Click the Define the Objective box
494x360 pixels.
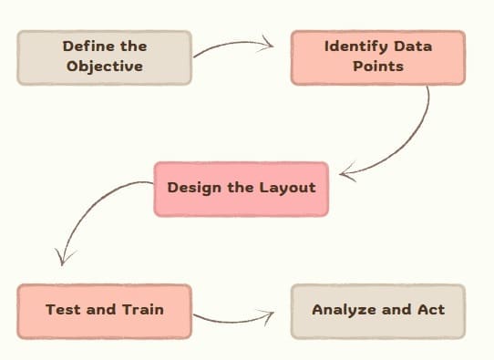click(104, 57)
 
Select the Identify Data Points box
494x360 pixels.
click(377, 57)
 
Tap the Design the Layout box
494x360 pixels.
click(241, 189)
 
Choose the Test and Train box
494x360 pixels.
click(104, 310)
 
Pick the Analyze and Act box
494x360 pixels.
click(377, 310)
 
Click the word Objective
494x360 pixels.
click(105, 67)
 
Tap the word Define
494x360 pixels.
click(84, 46)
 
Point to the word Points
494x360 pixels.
click(378, 67)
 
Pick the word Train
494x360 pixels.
click(143, 310)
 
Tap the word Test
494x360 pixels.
click(62, 310)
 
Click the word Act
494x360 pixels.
click(429, 310)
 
